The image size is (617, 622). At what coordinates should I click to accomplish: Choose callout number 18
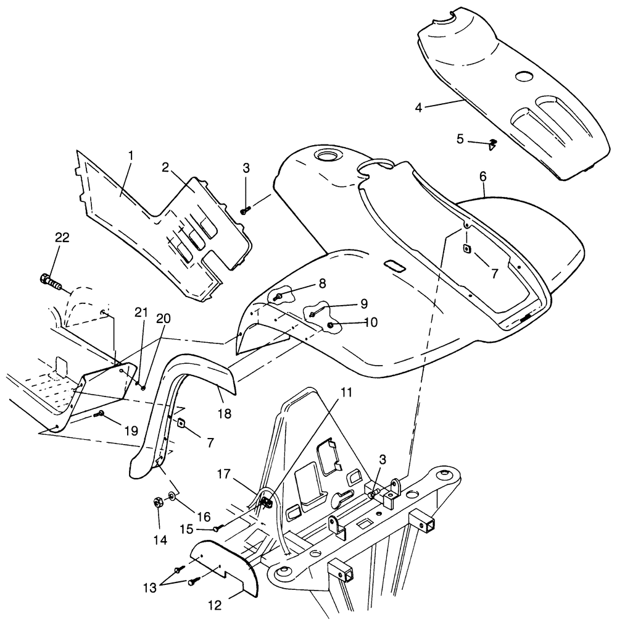click(x=224, y=413)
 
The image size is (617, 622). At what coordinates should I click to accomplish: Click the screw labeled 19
click(x=101, y=414)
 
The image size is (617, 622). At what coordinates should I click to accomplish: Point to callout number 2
click(x=165, y=167)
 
